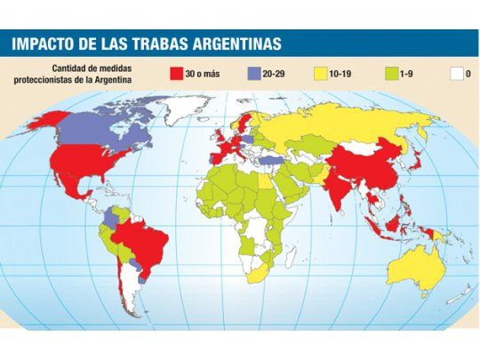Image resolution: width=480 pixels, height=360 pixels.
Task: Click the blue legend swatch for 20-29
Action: point(253,73)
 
